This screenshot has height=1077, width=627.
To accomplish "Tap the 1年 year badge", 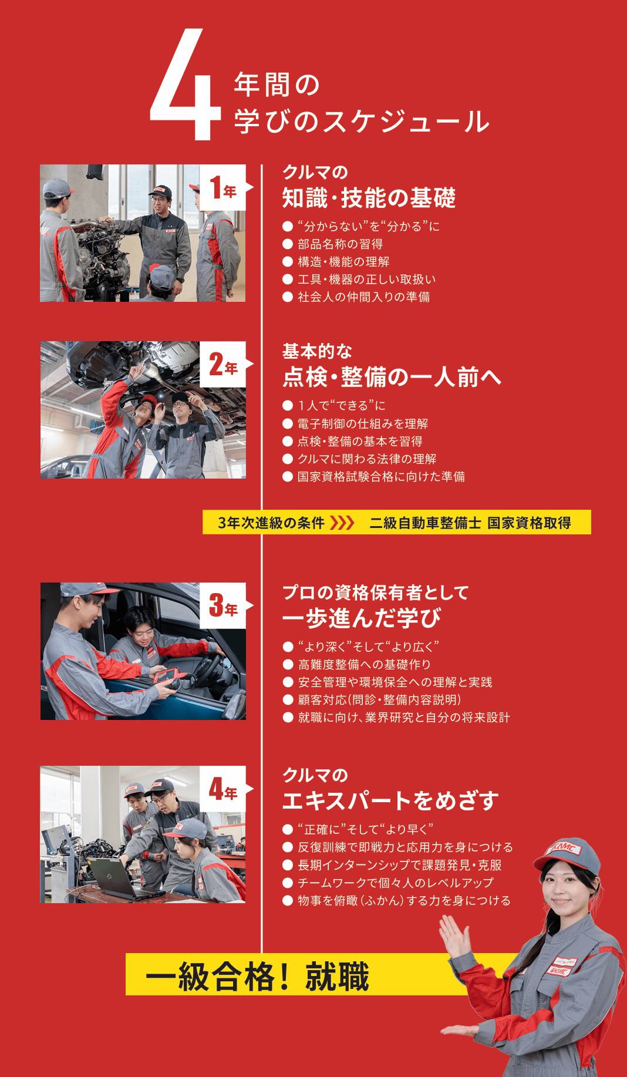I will click(x=223, y=188).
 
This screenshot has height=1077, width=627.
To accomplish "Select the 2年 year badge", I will click(x=223, y=365).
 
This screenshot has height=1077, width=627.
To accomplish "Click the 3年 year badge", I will click(x=223, y=606).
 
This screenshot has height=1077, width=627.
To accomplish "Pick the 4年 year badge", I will click(x=223, y=789).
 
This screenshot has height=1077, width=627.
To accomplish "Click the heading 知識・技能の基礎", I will click(x=369, y=198).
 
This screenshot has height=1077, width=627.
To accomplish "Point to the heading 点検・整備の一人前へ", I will click(x=392, y=376).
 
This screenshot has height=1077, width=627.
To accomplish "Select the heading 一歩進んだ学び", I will click(x=361, y=618).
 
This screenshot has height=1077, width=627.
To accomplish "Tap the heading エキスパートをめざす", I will click(x=390, y=800).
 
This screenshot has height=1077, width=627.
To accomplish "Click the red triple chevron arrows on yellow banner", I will click(x=342, y=523).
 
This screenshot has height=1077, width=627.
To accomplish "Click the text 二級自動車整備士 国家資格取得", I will click(x=470, y=523).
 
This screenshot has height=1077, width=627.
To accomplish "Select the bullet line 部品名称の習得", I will click(x=340, y=244).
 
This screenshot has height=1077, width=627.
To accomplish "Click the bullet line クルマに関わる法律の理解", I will click(x=366, y=459).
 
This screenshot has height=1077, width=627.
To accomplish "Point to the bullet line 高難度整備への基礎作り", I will click(x=364, y=664).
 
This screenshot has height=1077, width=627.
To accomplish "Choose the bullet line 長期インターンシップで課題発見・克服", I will click(x=399, y=865).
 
